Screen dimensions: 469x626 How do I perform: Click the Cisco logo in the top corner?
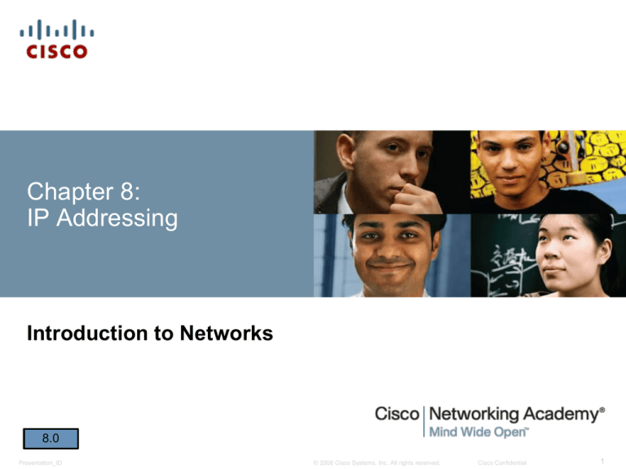tap(57, 40)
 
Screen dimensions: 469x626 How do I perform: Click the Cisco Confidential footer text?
tap(502, 462)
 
